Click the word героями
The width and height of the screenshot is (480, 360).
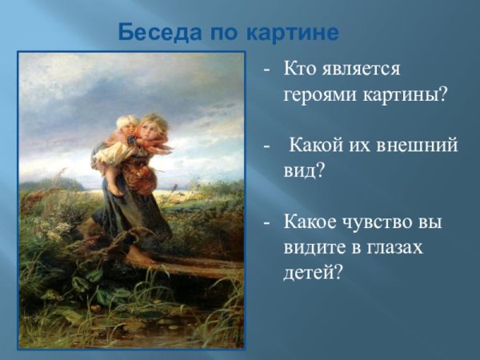point(318,93)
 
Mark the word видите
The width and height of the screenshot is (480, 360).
point(314,248)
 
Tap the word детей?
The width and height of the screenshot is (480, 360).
point(312,271)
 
